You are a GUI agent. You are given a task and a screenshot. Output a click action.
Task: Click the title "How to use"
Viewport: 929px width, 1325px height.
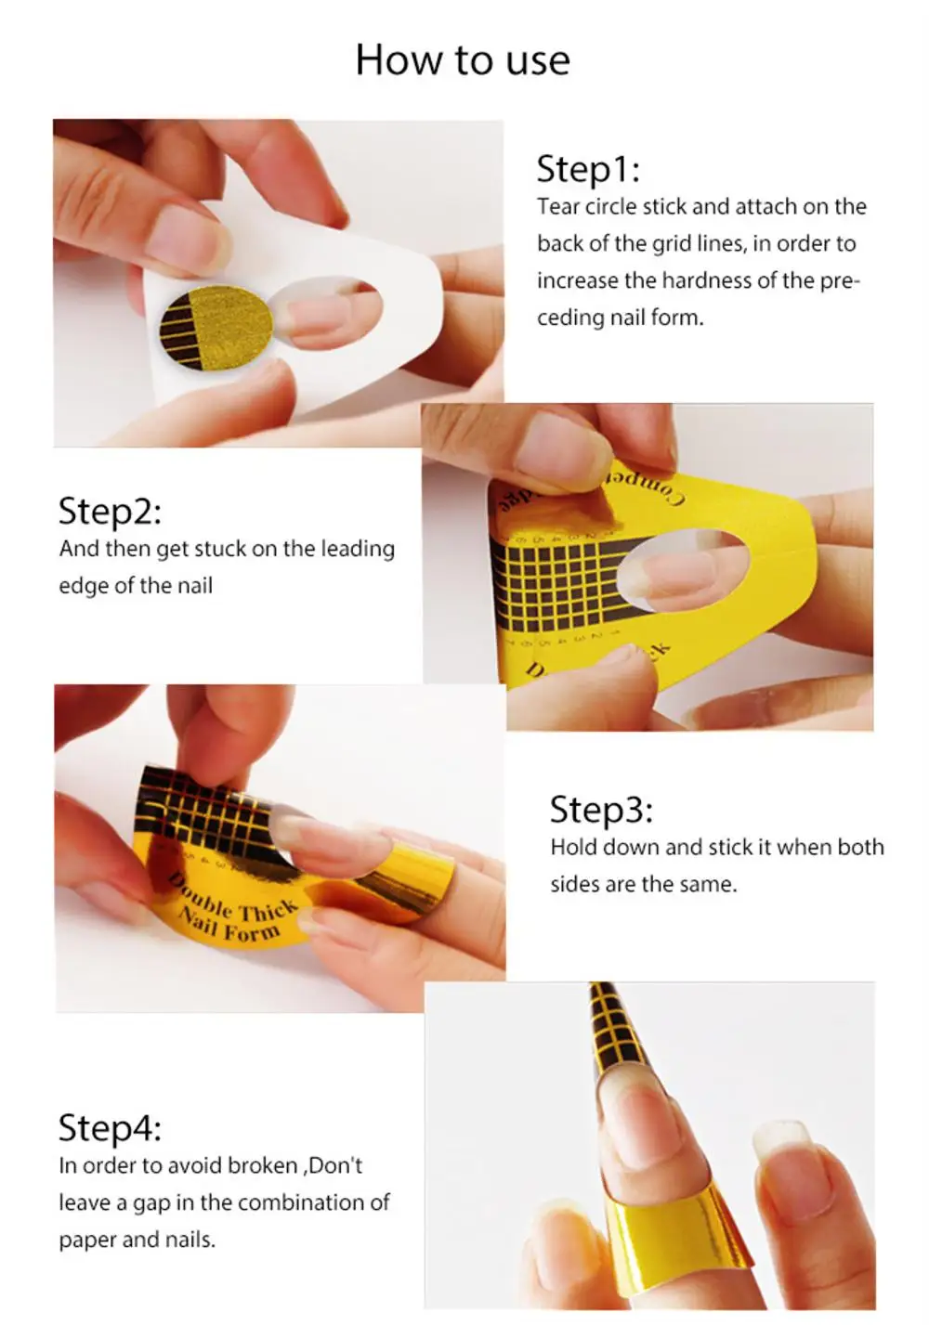[x=463, y=60]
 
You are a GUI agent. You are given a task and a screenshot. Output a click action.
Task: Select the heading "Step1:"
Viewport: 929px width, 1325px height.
[x=587, y=169]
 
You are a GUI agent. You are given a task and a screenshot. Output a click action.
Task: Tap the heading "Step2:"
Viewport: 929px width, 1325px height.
[x=109, y=511]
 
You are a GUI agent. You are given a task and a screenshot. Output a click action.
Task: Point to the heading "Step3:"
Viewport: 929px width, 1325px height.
[x=600, y=809]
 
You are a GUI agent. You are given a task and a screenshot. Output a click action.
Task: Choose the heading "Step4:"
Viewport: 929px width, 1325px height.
[x=109, y=1127]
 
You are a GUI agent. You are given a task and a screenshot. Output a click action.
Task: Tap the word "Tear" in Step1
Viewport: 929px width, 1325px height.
[x=557, y=206]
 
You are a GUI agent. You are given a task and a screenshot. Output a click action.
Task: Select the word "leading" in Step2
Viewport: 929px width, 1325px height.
[x=358, y=549]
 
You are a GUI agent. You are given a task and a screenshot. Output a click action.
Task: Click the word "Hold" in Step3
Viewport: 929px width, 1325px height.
[x=573, y=847]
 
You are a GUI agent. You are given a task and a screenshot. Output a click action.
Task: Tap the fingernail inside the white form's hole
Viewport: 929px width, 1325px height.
[x=321, y=314]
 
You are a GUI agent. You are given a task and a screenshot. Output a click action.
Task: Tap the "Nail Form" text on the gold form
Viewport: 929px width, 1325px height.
[x=229, y=927]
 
